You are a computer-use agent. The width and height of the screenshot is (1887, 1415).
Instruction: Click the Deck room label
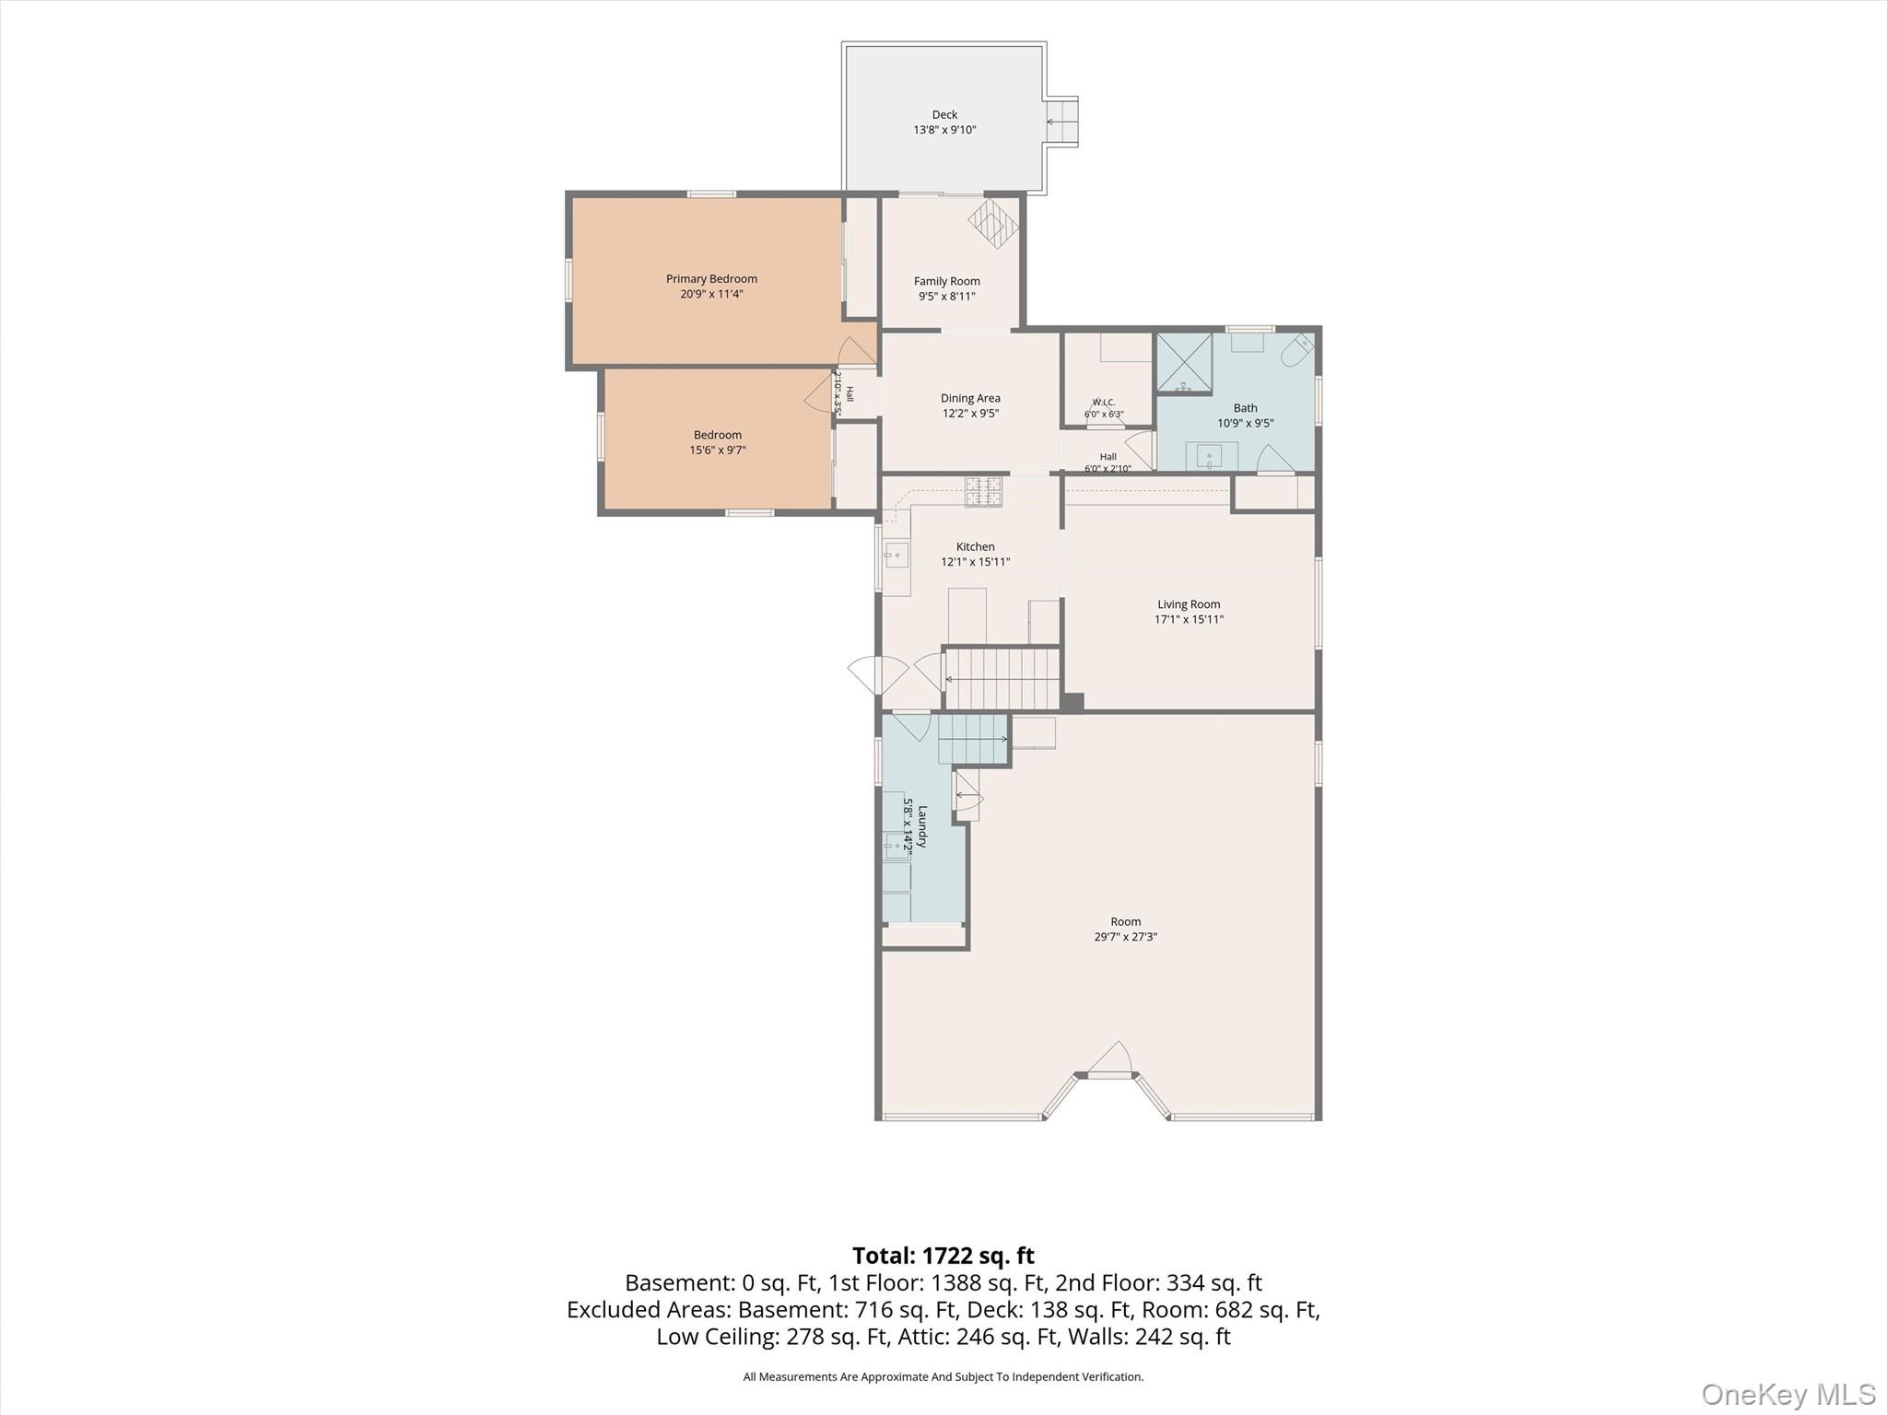pyautogui.click(x=944, y=115)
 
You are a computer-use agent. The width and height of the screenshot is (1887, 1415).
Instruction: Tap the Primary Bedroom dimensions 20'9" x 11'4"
pyautogui.click(x=711, y=295)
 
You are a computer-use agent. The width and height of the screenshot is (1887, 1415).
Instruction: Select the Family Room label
pyautogui.click(x=947, y=282)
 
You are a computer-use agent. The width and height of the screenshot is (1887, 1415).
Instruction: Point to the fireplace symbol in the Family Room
pyautogui.click(x=993, y=223)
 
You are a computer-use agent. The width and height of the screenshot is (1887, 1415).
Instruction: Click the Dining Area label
pyautogui.click(x=970, y=399)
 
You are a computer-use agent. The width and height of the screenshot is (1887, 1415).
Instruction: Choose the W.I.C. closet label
pyautogui.click(x=1104, y=403)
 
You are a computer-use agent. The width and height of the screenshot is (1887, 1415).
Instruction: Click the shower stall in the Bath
pyautogui.click(x=1184, y=362)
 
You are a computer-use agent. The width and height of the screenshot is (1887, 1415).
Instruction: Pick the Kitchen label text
pyautogui.click(x=976, y=547)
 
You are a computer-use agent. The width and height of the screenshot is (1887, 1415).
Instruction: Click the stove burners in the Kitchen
pyautogui.click(x=983, y=491)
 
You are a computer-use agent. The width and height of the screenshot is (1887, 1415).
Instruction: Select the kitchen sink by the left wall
pyautogui.click(x=896, y=555)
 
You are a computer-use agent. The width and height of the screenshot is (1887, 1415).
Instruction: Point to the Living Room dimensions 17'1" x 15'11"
pyautogui.click(x=1190, y=620)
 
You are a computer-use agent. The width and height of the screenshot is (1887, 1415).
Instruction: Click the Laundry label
pyautogui.click(x=922, y=825)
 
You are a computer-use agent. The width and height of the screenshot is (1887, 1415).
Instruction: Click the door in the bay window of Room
pyautogui.click(x=1110, y=1059)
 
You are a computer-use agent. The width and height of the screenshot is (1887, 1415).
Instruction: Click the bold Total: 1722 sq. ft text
pyautogui.click(x=943, y=1256)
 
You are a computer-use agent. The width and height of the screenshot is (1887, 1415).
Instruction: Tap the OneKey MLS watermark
pyautogui.click(x=1788, y=1394)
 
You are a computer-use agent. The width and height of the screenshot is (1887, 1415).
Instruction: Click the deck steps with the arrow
pyautogui.click(x=1061, y=122)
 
